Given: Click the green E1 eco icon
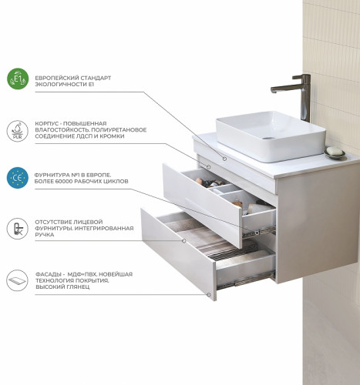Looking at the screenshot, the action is point(18,79).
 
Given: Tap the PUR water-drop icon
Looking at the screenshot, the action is point(18,131).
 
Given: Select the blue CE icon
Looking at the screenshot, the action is point(18,178).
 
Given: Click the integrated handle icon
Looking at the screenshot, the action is point(18,229).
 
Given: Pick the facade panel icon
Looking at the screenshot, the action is point(18,280).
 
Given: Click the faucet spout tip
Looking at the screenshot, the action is point(274,91).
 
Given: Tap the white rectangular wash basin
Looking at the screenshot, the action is point(271,136).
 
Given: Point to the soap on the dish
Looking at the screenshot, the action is point(335,151).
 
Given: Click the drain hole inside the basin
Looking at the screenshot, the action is point(269,138).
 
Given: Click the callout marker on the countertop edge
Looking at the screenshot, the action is point(224,159).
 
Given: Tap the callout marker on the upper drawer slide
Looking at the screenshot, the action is point(257,233).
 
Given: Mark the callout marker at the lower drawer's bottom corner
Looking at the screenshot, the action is point(209,295).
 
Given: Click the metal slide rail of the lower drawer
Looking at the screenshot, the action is point(246,280).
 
